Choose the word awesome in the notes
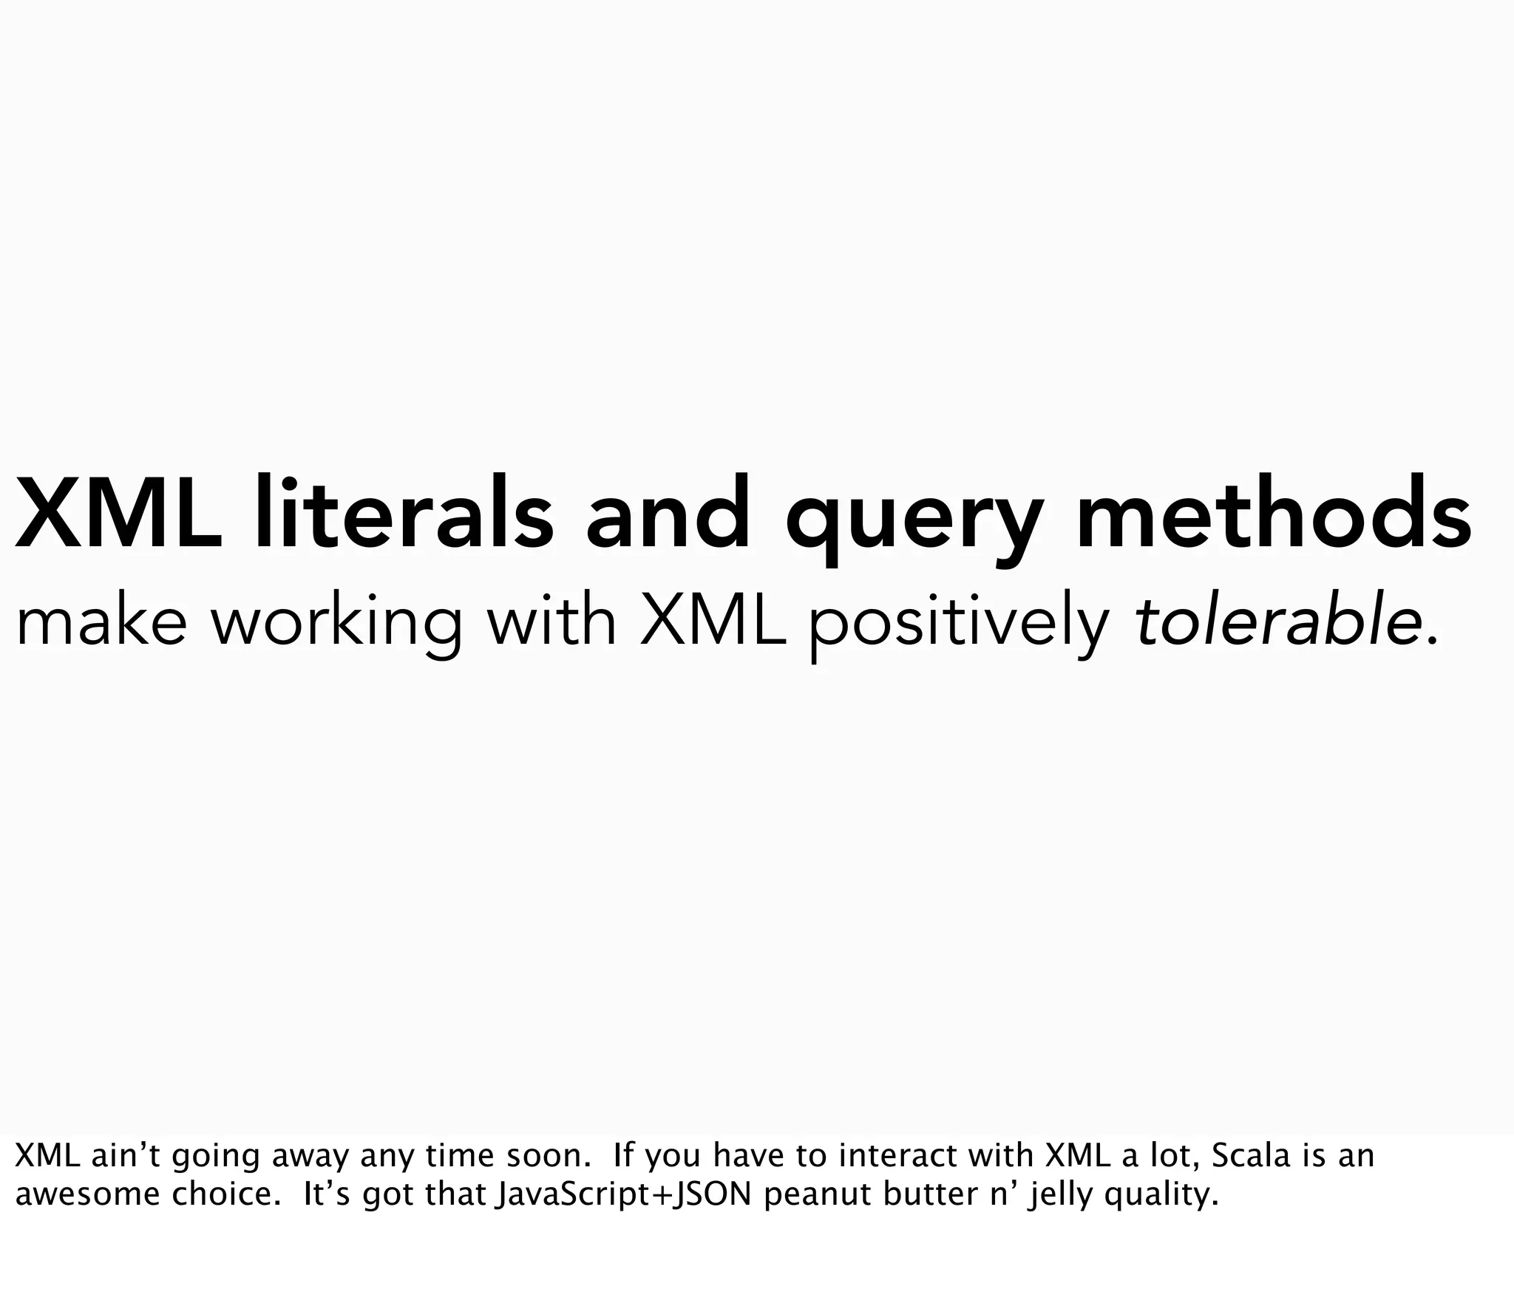pyautogui.click(x=87, y=1194)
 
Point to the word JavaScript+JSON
pyautogui.click(x=623, y=1194)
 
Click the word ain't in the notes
pyautogui.click(x=124, y=1155)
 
